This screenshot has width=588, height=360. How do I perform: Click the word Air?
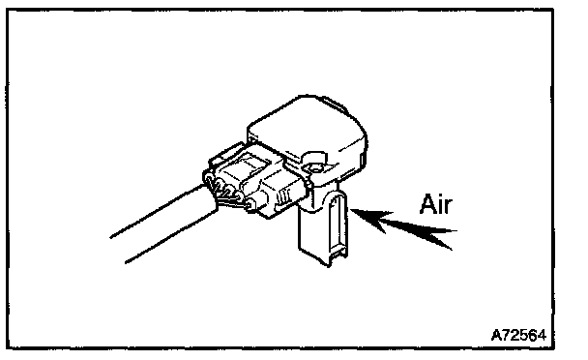(436, 204)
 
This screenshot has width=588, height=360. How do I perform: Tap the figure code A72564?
(518, 335)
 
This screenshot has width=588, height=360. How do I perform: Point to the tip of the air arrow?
(351, 210)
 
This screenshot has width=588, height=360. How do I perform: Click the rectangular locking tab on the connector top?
(250, 165)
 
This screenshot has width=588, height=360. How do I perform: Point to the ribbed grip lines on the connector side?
(284, 195)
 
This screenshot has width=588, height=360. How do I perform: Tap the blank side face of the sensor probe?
(312, 233)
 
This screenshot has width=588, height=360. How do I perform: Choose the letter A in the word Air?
(427, 204)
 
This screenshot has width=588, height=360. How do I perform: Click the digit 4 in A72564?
(542, 335)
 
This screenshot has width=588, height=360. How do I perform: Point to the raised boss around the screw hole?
(314, 163)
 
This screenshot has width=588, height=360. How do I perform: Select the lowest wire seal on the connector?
(250, 204)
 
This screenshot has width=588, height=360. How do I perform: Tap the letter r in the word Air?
(449, 207)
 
